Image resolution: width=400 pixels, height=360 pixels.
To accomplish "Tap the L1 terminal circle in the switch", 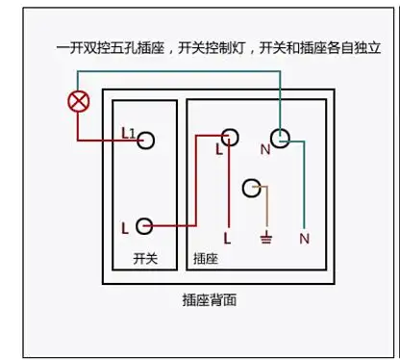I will [x=144, y=141].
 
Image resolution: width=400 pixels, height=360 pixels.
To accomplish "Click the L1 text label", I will [x=128, y=133].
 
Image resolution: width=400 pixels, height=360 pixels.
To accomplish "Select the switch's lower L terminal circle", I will [x=144, y=226].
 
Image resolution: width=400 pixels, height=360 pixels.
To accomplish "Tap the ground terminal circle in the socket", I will [x=253, y=187].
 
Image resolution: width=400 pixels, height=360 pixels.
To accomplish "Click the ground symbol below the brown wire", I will [x=266, y=237].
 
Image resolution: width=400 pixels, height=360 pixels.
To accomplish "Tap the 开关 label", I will [x=144, y=259].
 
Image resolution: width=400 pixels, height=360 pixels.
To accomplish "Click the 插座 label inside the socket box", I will [x=205, y=259].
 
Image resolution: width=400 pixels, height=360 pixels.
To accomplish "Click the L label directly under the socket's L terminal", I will [x=220, y=151].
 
